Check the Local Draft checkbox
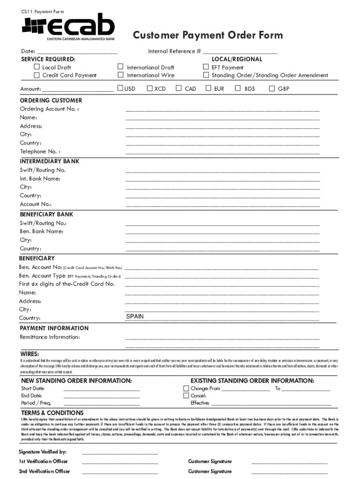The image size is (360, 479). click(37, 67)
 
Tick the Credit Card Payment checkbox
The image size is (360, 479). click(37, 75)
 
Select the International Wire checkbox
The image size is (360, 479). click(121, 75)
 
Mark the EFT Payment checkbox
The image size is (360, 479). click(206, 67)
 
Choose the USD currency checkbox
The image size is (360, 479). click(120, 88)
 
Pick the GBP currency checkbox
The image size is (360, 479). click(272, 88)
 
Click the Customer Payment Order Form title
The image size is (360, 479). click(208, 36)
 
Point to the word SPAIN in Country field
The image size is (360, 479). click(135, 317)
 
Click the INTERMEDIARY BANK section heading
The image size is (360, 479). click(50, 161)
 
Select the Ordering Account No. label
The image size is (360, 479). click(49, 109)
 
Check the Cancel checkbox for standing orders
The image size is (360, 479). click(186, 396)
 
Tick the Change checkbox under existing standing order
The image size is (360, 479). click(186, 388)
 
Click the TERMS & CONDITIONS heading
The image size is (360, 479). click(52, 413)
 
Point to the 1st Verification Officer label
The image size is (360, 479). click(43, 461)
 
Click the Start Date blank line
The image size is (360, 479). click(101, 389)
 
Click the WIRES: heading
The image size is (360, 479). click(29, 354)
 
